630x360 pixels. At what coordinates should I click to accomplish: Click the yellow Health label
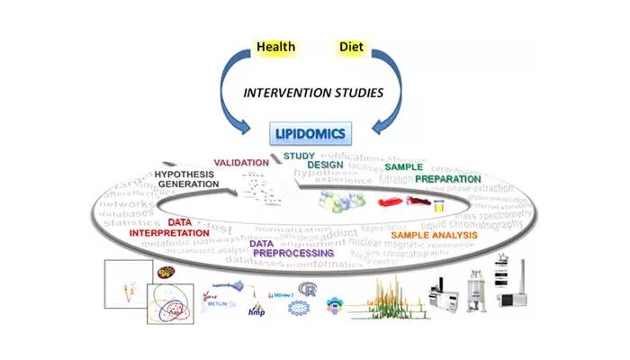[x=276, y=45]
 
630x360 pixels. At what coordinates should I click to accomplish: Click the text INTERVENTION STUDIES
[x=313, y=92]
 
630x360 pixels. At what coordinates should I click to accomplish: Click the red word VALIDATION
[x=241, y=163]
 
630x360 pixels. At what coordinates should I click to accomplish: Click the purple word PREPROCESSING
[x=293, y=254]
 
